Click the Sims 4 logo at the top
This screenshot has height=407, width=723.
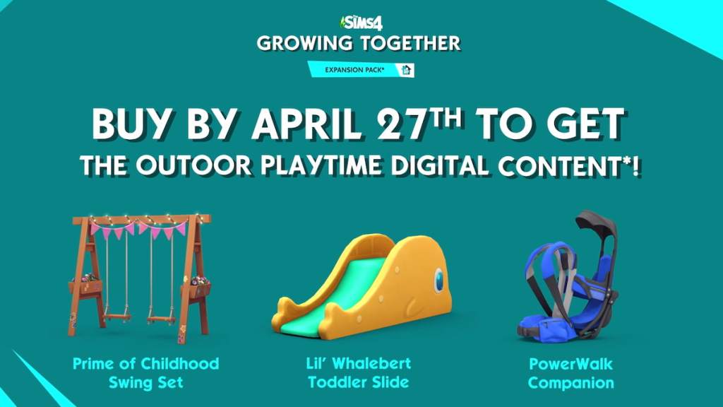pos(361,22)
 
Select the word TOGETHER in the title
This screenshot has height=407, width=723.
pos(410,43)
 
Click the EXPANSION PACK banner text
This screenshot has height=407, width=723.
pos(354,70)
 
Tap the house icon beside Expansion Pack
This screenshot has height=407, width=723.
pos(406,70)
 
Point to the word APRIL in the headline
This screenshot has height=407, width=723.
pos(307,124)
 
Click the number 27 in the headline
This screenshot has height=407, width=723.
pos(400,124)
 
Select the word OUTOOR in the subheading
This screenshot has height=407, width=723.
pos(193,165)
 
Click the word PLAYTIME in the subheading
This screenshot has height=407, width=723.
pos(321,165)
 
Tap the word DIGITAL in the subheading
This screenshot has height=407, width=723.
pos(440,165)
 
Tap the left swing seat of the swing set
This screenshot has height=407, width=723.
pos(117,317)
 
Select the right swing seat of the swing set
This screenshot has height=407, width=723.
pos(162,319)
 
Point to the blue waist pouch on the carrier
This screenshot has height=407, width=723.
pos(547,328)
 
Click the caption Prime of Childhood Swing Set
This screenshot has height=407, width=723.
pos(145,373)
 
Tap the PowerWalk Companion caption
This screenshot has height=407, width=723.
pos(570,373)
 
